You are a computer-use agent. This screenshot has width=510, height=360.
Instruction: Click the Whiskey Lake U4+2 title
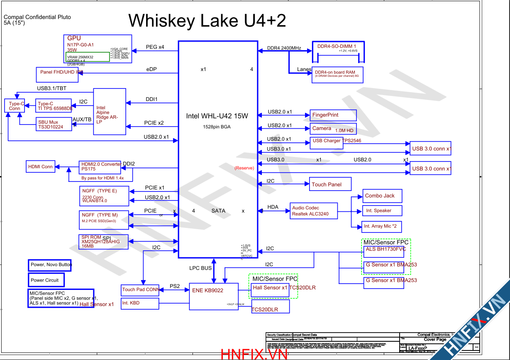pos(207,21)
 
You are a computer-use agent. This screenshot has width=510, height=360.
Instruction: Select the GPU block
pos(98,49)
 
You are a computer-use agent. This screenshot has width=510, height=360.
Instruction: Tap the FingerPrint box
pos(333,115)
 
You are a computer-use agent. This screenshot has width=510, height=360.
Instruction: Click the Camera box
pos(333,129)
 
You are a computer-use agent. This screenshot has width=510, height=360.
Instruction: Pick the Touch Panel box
pos(330,184)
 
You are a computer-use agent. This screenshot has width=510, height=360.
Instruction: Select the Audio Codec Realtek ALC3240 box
pos(314,211)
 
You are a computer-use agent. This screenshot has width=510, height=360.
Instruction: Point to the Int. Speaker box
pos(382,211)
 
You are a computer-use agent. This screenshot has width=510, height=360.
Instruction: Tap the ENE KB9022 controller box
pos(214,296)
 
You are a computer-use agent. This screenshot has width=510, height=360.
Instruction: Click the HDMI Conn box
pos(41,167)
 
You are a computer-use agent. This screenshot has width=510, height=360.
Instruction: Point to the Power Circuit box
pos(46,280)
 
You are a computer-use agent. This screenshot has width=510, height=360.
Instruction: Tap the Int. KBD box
pos(140,304)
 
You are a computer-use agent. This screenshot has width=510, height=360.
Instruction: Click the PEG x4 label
pos(155,47)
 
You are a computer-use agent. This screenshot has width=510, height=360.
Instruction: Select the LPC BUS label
pos(200,268)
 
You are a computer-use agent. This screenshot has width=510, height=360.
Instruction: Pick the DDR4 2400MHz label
pos(284,48)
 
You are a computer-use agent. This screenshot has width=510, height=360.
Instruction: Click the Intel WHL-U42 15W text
pos(217,116)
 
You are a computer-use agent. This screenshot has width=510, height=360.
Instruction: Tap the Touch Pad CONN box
pos(140,289)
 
